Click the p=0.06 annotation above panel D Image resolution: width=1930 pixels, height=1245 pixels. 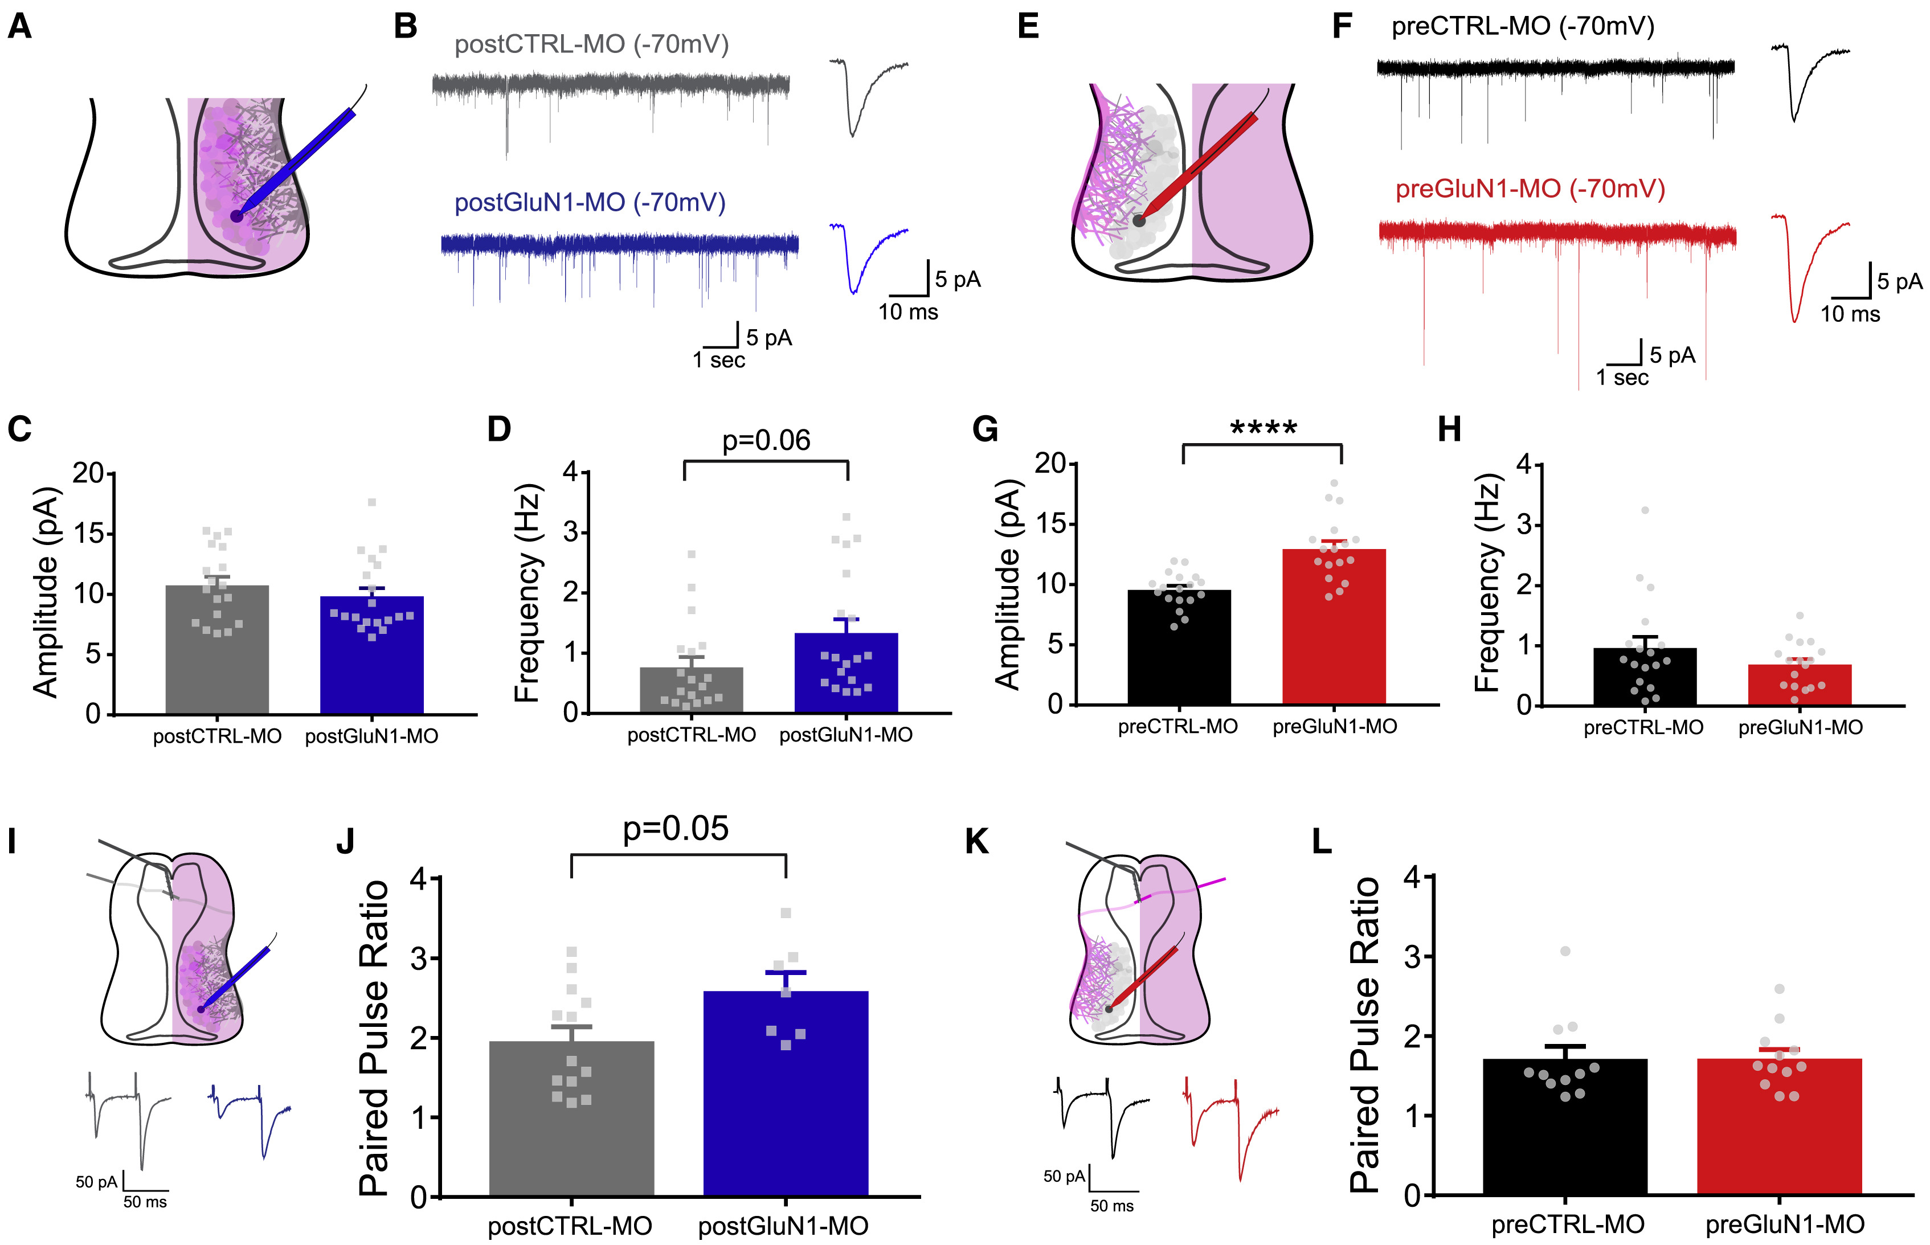tap(766, 441)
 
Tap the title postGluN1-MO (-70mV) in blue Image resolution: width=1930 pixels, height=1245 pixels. tap(590, 202)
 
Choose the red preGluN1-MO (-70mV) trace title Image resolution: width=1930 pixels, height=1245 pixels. tap(1530, 189)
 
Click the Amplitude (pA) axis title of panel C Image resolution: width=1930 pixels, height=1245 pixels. tap(46, 592)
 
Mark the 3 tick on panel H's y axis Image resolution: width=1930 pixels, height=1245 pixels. tap(1524, 525)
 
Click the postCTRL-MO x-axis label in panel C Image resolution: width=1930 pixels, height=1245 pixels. tap(216, 736)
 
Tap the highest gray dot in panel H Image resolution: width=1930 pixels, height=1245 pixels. tap(1645, 510)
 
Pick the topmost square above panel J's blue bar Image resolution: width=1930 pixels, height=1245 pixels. tap(785, 914)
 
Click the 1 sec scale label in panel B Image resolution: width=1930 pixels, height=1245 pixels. tap(719, 361)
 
